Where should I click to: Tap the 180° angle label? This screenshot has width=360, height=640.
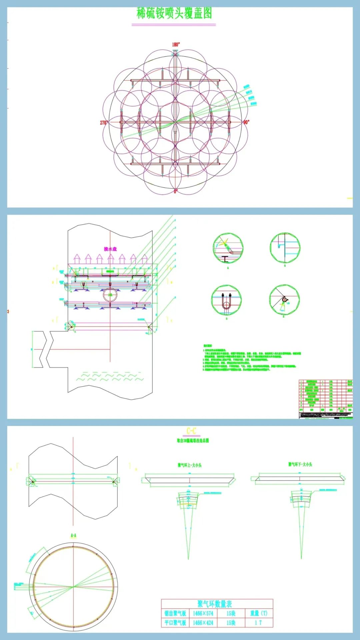pos(176,44)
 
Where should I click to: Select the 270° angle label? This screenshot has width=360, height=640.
pos(104,123)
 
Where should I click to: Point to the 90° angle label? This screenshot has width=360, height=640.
pos(246,122)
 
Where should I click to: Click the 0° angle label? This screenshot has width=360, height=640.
pos(176,191)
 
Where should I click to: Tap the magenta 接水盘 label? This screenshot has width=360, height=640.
pos(110,249)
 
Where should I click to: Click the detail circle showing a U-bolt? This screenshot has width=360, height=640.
pos(226,300)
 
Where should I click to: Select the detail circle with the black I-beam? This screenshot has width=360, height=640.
pos(228,248)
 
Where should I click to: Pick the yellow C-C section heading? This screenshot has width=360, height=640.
pos(191,431)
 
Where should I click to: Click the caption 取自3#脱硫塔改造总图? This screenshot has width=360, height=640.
pos(193,440)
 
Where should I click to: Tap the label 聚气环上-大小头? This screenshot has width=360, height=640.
pos(189,465)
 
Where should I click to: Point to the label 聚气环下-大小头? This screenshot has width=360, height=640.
pos(300,464)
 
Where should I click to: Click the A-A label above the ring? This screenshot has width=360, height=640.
pos(73,535)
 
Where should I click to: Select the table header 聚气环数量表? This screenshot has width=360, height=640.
pos(214,604)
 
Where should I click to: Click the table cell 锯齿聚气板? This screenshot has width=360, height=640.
pos(175,613)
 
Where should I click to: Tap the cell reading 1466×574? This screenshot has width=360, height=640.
pos(203,613)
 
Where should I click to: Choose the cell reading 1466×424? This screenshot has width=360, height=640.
pos(203,623)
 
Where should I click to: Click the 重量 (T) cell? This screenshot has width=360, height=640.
pos(259,613)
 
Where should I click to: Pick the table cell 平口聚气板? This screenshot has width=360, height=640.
pos(175,623)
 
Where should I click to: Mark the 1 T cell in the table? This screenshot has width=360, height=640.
pos(259,623)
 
